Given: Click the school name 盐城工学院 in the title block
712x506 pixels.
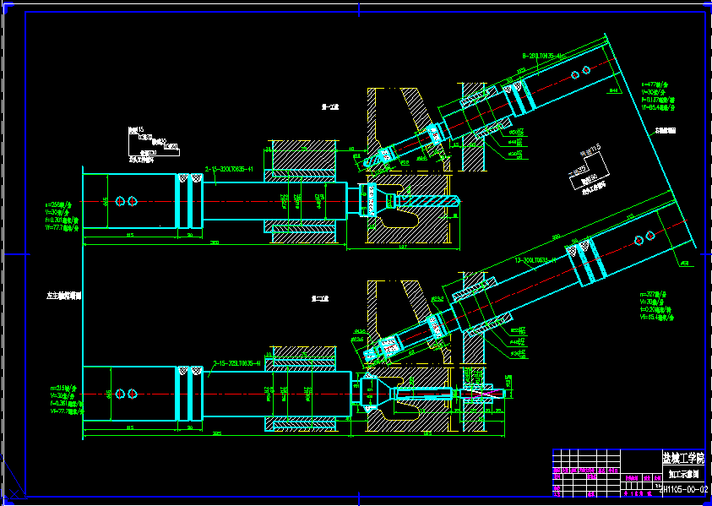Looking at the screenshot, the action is [682, 458].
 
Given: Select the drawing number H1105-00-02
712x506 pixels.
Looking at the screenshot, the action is [683, 489].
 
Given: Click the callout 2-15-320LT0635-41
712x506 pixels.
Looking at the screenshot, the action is [229, 169].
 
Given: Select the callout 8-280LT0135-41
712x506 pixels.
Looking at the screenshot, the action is [548, 55].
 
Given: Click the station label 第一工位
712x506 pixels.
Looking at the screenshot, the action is [329, 107].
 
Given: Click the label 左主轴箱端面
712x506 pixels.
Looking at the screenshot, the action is [63, 297].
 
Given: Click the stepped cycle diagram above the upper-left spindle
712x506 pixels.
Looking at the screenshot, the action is [152, 144].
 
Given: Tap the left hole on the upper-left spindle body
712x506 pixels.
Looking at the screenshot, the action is [120, 201].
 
